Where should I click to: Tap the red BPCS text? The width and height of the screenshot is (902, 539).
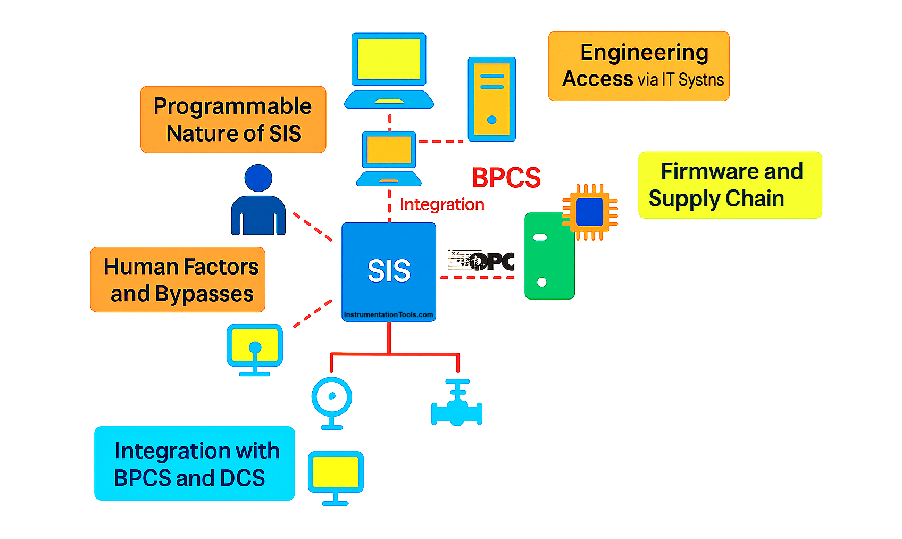tap(506, 178)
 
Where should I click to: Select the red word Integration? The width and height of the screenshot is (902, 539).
tap(441, 204)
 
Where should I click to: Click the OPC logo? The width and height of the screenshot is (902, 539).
tap(481, 261)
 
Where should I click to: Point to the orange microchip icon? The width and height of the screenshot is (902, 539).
tap(590, 212)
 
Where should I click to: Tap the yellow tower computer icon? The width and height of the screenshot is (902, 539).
tap(491, 99)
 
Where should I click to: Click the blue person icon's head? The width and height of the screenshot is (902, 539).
tap(258, 178)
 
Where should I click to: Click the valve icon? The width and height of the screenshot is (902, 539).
tap(457, 404)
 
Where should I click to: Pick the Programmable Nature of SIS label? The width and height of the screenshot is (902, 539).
tap(233, 120)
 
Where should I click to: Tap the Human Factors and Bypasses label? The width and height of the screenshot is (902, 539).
tap(178, 280)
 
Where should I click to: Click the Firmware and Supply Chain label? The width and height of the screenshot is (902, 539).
tap(730, 185)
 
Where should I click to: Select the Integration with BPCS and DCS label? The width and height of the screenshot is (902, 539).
tap(195, 463)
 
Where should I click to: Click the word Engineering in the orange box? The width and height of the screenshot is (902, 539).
tap(644, 53)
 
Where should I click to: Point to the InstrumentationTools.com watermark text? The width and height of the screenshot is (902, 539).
tap(388, 314)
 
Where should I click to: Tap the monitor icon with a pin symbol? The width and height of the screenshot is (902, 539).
tap(255, 349)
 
